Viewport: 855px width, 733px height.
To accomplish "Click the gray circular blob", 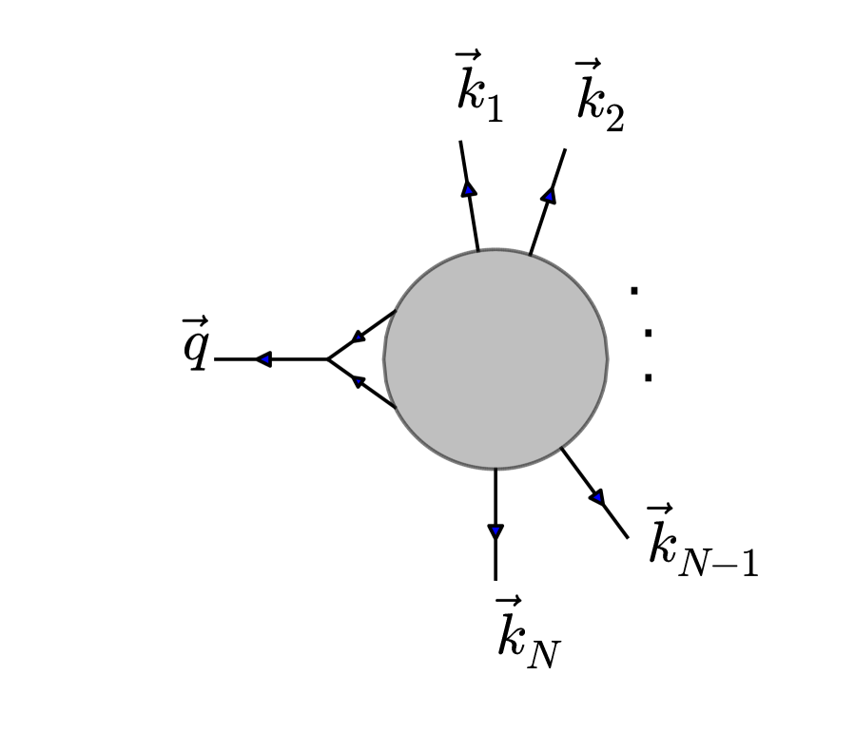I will [496, 359].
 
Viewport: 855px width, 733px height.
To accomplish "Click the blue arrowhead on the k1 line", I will [469, 187].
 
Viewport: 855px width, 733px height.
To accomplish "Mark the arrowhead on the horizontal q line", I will [263, 359].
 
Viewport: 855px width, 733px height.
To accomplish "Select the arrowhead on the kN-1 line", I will [597, 496].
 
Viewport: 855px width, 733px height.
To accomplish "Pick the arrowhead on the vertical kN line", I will [496, 531].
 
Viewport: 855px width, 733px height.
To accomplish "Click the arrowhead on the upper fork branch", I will [359, 337].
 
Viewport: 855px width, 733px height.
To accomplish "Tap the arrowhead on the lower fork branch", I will [359, 382].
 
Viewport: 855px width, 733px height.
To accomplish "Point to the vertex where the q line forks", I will [328, 359].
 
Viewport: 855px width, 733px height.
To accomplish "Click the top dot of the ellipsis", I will [634, 290].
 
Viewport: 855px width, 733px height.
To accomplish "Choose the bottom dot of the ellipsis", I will [649, 377].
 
